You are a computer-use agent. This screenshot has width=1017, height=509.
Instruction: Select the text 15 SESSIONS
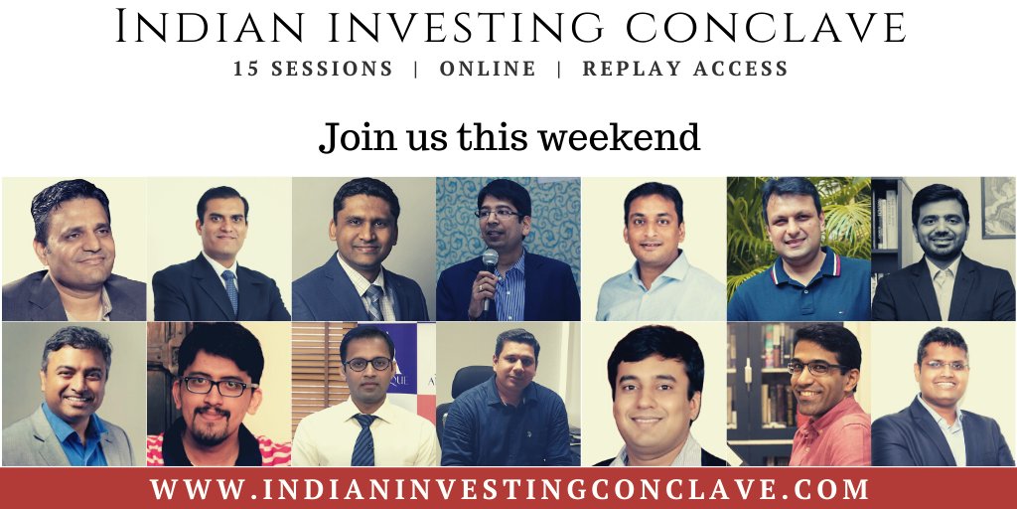(x=313, y=70)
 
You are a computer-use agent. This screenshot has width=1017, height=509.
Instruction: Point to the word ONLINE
(x=488, y=70)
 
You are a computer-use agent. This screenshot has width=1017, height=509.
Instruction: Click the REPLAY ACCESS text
(x=685, y=70)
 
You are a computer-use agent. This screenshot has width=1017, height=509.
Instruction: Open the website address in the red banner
(x=509, y=489)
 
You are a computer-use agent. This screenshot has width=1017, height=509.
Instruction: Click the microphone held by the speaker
(x=490, y=260)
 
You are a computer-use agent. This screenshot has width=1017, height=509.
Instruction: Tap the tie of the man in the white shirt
(x=364, y=441)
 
